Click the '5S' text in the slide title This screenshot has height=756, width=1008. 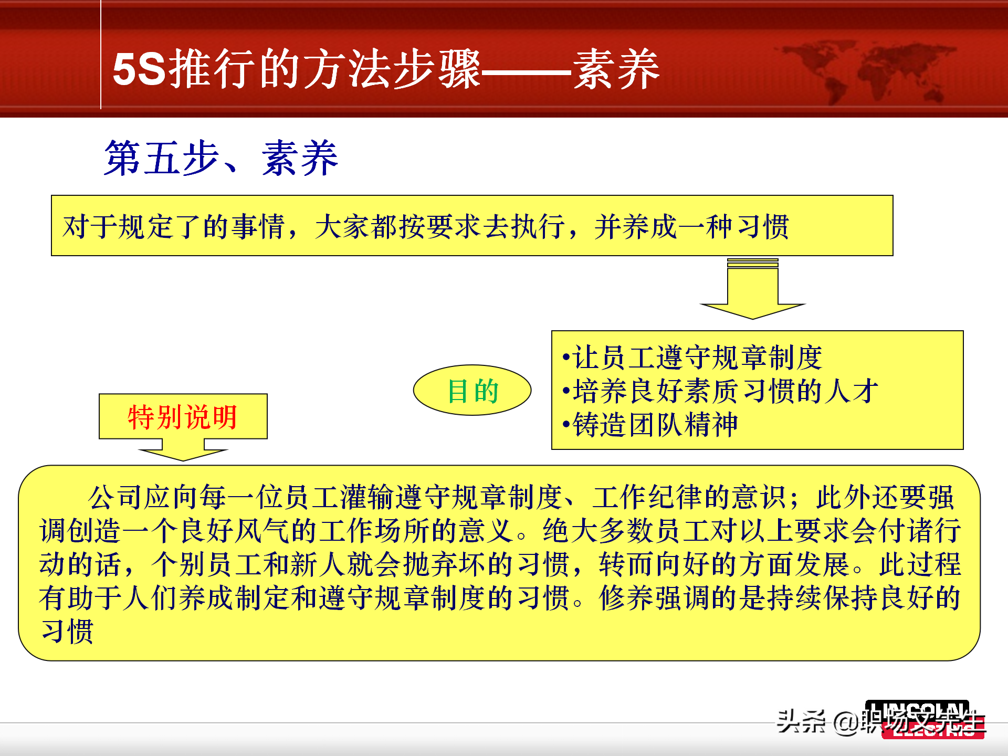139,69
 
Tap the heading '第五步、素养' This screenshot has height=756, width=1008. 220,158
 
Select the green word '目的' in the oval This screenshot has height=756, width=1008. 472,391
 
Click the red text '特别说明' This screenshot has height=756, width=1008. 183,417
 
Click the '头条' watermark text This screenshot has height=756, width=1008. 801,722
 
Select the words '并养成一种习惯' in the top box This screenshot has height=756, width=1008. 691,227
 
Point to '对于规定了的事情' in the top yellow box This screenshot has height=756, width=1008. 173,227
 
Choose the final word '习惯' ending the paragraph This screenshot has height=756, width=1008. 67,632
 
